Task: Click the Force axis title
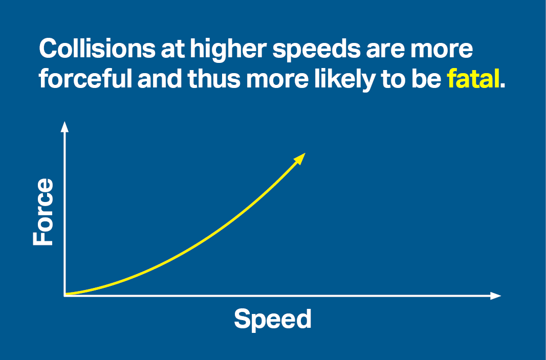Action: click(43, 212)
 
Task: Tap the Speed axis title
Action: click(273, 319)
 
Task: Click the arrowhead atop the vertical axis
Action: click(64, 126)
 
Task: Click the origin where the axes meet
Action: click(65, 295)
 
